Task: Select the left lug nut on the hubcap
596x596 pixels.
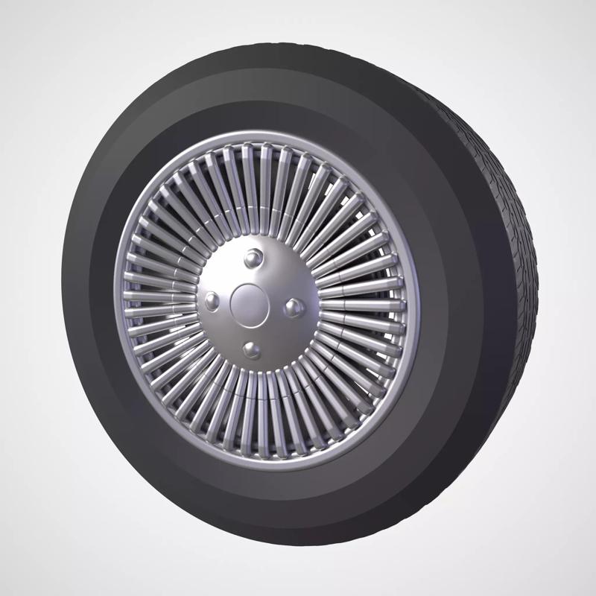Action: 213,300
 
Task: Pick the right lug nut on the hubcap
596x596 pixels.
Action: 294,305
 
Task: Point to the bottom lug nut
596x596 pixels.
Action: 252,349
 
